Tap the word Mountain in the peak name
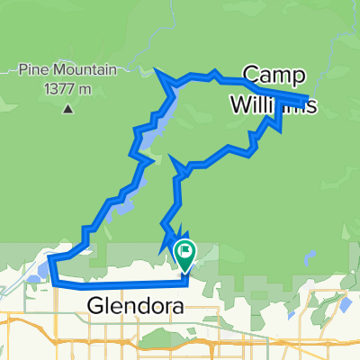[x=78, y=67]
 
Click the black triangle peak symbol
[x=67, y=110]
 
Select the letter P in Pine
[x=22, y=67]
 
